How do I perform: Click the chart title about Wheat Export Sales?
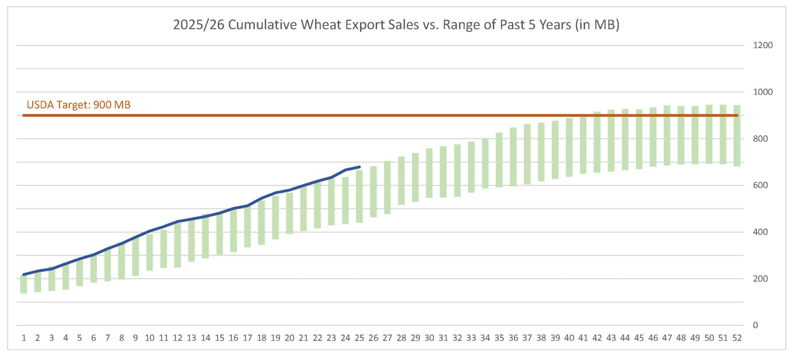[x=396, y=25]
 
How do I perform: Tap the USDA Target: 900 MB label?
[x=78, y=105]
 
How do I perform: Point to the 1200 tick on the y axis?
[x=763, y=45]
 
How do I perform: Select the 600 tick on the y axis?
[x=760, y=185]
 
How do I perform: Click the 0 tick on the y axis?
[x=755, y=325]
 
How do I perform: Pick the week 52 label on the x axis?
[x=737, y=338]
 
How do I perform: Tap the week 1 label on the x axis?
[x=24, y=338]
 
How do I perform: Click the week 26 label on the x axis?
[x=373, y=338]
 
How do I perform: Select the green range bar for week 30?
[x=429, y=173]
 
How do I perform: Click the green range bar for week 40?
[x=569, y=148]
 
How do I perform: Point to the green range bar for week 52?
[x=737, y=136]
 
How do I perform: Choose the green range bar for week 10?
[x=149, y=252]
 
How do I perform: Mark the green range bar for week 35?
[x=499, y=160]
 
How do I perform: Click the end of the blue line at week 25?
[x=360, y=167]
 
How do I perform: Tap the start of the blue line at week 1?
[x=24, y=274]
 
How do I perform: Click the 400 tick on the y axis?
[x=760, y=232]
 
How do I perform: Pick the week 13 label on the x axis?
[x=191, y=338]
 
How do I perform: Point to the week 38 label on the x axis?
[x=541, y=338]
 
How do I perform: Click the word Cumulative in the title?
[x=262, y=25]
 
